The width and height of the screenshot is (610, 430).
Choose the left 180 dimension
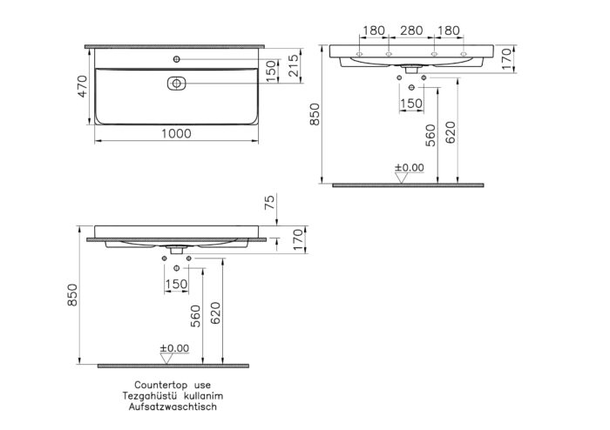[x=373, y=31]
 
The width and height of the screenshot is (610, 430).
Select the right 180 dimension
[x=449, y=31]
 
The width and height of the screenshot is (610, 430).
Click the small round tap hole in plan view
[x=176, y=59]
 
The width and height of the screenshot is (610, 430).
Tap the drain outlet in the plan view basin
[x=176, y=84]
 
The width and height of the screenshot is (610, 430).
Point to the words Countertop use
[x=173, y=384]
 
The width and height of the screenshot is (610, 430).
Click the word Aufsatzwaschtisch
[x=173, y=406]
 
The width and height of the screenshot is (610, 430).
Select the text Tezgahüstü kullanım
[x=173, y=395]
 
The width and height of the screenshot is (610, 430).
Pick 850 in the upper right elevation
[x=315, y=114]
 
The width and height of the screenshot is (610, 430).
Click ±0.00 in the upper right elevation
[x=408, y=167]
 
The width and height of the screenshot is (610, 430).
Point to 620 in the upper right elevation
[x=450, y=131]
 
